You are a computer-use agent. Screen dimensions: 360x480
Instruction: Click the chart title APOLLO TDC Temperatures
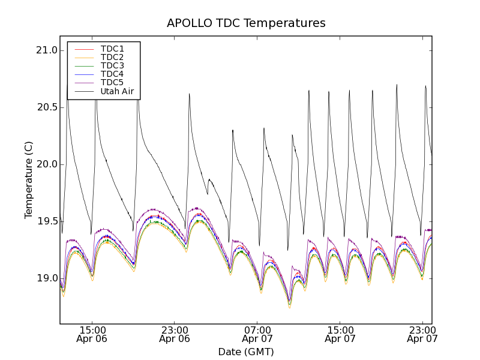tap(246, 23)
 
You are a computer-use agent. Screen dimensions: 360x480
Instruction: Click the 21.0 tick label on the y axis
tap(46, 50)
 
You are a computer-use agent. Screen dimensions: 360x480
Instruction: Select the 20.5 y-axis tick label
tap(46, 107)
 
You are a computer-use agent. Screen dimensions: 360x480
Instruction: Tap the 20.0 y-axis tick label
tap(46, 164)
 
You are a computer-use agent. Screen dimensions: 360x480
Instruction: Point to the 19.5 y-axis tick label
tap(46, 221)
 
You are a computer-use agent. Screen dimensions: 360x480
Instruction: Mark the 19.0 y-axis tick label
tap(46, 278)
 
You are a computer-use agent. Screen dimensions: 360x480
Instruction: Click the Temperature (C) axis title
tap(29, 180)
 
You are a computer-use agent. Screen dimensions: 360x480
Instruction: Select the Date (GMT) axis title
tap(246, 352)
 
